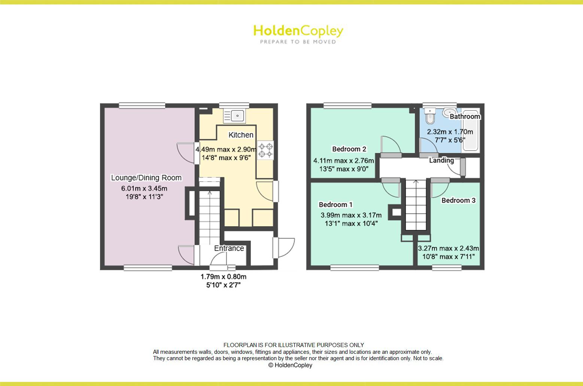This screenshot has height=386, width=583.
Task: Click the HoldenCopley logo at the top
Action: tap(298, 31)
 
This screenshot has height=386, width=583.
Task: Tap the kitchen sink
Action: tap(234, 115)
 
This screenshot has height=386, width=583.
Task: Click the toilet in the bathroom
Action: tap(429, 116)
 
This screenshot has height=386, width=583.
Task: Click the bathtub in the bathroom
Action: tap(471, 131)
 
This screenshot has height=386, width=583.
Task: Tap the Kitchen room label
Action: tap(241, 135)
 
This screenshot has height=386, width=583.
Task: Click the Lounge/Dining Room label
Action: tap(146, 178)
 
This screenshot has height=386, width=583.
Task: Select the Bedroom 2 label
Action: tap(349, 149)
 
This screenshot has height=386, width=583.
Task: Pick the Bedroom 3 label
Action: tap(458, 200)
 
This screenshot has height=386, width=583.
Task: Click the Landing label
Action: tap(441, 160)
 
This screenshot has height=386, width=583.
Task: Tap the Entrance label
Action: tap(229, 248)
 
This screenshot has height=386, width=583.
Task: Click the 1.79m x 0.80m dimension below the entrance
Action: tap(224, 277)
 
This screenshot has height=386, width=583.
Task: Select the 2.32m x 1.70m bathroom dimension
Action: tap(450, 132)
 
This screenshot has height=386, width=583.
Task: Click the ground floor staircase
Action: tap(209, 217)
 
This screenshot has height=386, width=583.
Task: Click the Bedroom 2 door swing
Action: tap(391, 145)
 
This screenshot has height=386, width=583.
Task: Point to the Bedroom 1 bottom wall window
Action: tap(354, 267)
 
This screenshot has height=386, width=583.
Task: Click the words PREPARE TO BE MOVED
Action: tap(298, 42)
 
